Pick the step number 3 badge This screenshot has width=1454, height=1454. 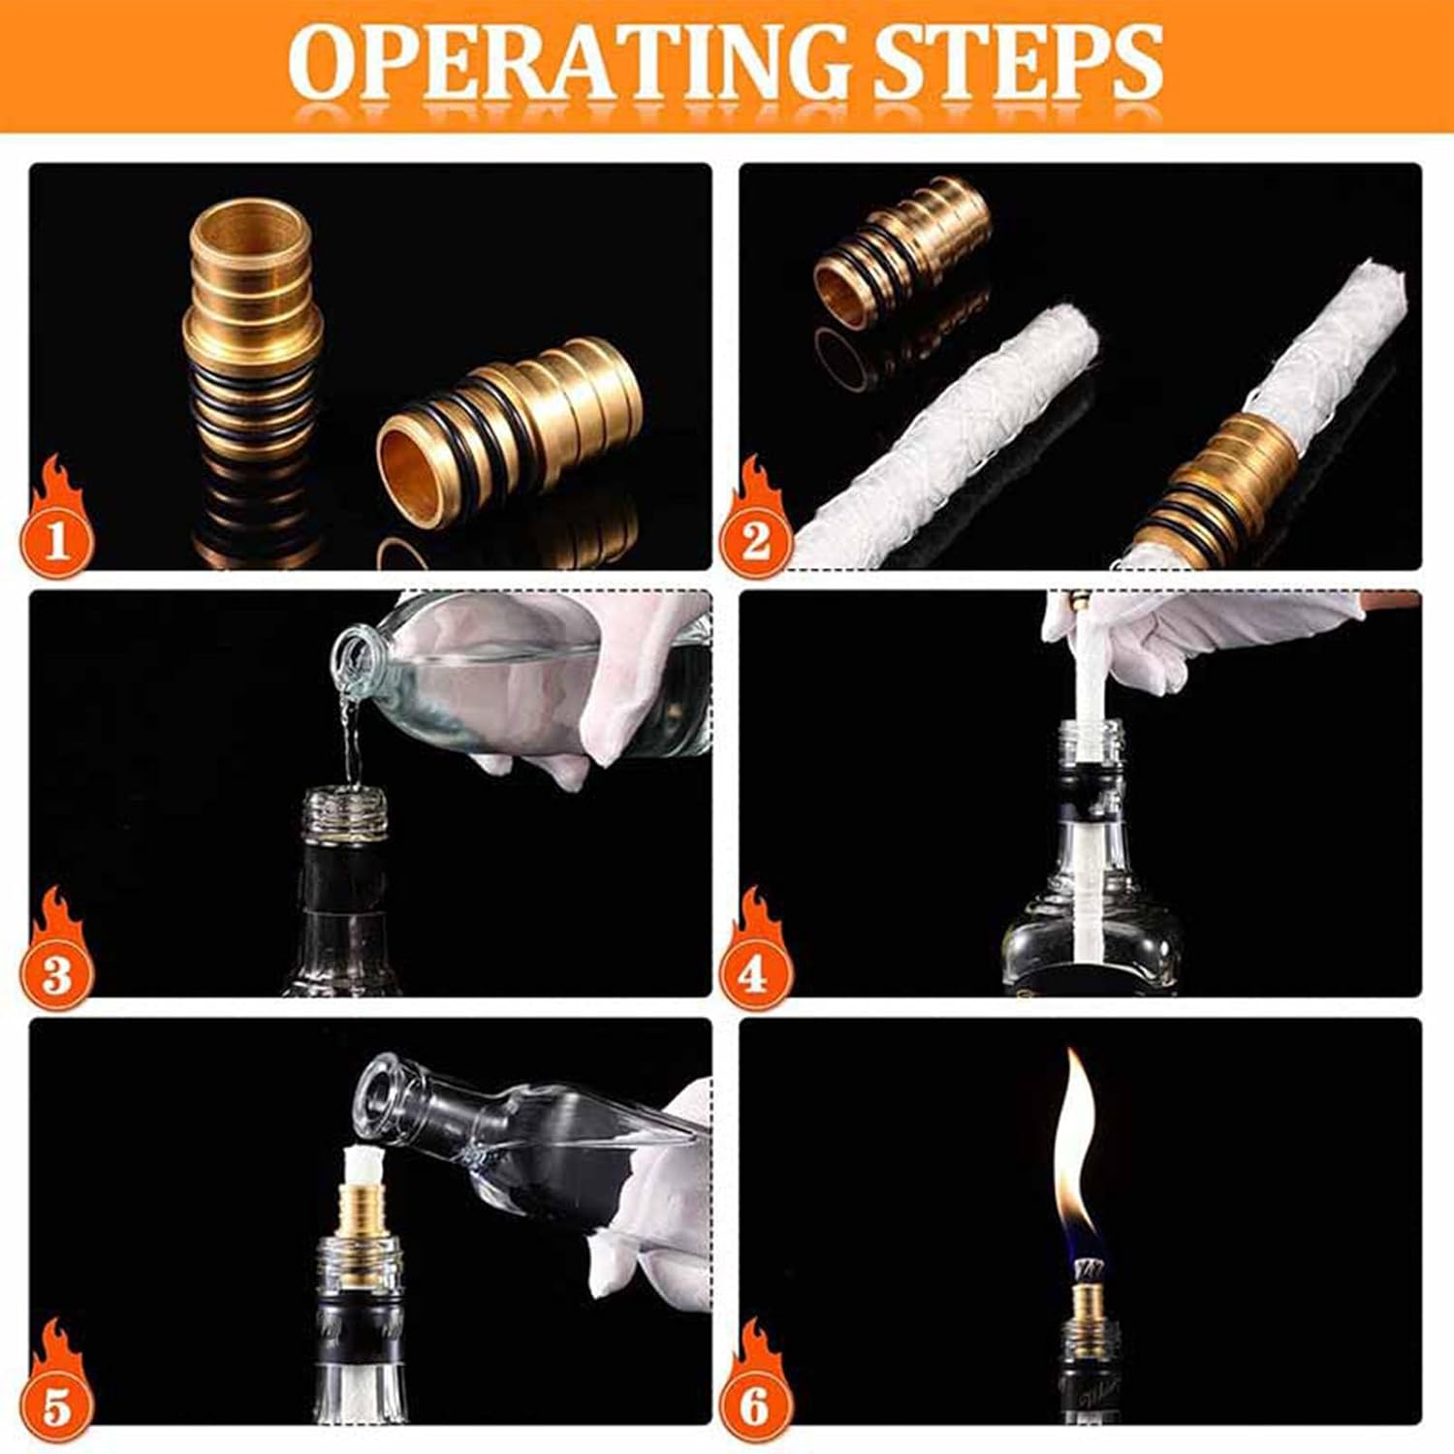(57, 972)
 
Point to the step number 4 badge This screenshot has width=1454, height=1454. (755, 972)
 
